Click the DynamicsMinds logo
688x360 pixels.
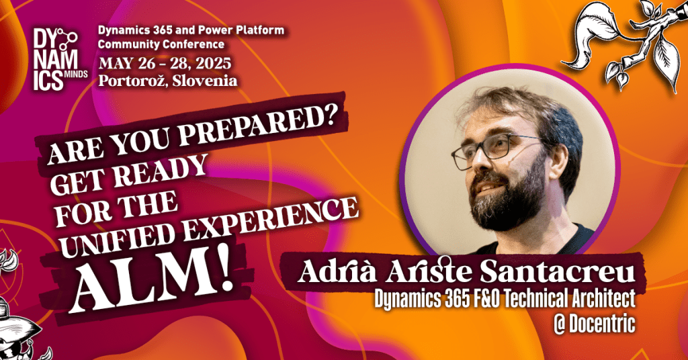[60, 58]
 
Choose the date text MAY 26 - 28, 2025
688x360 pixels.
[165, 64]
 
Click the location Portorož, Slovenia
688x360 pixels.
[168, 81]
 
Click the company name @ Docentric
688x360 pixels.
[595, 324]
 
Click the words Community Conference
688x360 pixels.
[161, 44]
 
